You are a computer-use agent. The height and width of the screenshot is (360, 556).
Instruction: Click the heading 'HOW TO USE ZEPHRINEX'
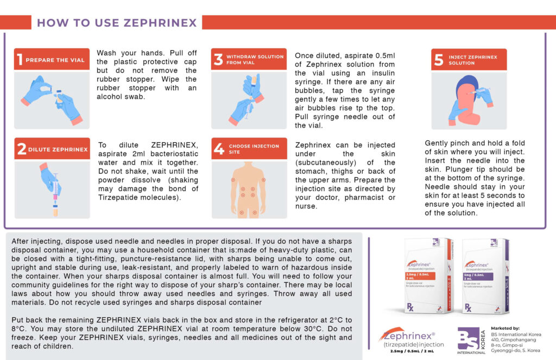[x=117, y=23]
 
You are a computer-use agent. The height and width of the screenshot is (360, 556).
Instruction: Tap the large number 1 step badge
[x=20, y=59]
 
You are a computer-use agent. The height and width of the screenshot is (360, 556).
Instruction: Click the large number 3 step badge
[x=218, y=59]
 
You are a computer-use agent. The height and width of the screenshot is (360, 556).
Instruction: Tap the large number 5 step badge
[x=439, y=60]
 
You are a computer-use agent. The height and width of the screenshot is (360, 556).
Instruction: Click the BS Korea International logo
[x=470, y=340]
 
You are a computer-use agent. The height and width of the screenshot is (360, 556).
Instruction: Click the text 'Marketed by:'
[x=505, y=329]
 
